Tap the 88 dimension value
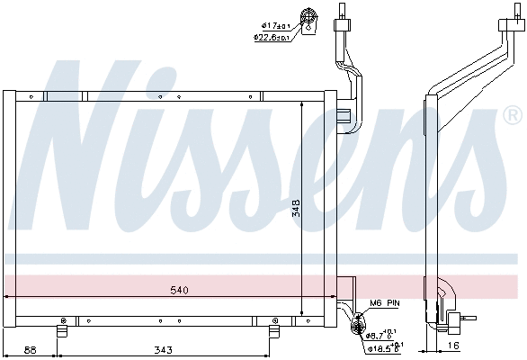click(x=30, y=349)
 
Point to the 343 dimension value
click(x=163, y=349)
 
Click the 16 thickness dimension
click(x=453, y=346)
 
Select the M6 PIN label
click(x=383, y=303)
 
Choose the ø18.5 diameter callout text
click(x=385, y=346)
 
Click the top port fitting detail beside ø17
click(x=310, y=20)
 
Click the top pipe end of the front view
click(x=343, y=11)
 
